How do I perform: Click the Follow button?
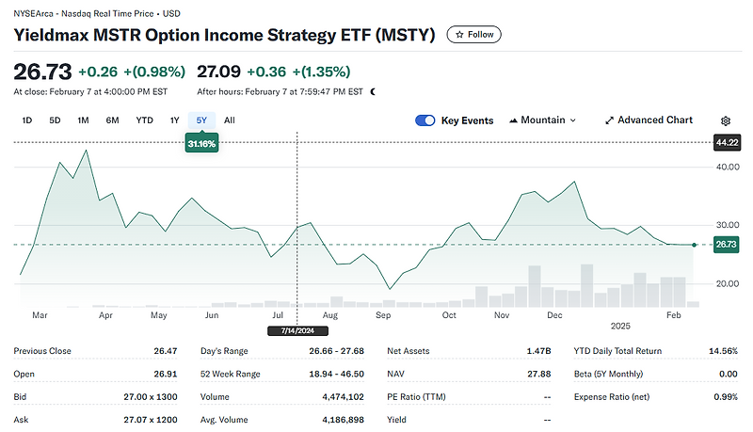(x=474, y=35)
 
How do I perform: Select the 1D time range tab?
(x=27, y=120)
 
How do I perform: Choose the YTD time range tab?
(x=144, y=120)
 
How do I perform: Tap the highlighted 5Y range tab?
(x=201, y=120)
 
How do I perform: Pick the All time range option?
(x=230, y=120)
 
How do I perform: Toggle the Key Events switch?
(x=425, y=120)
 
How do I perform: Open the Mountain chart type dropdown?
(x=542, y=120)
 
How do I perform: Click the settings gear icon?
(x=726, y=121)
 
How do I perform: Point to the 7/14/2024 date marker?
(x=296, y=331)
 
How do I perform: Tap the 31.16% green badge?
(x=201, y=144)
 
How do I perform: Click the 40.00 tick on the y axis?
(x=728, y=167)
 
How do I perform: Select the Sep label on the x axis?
(x=383, y=316)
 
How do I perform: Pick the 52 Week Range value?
(x=337, y=375)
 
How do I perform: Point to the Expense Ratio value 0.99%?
(x=726, y=397)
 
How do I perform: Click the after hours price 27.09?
(x=219, y=72)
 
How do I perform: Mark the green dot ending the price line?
(x=695, y=245)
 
